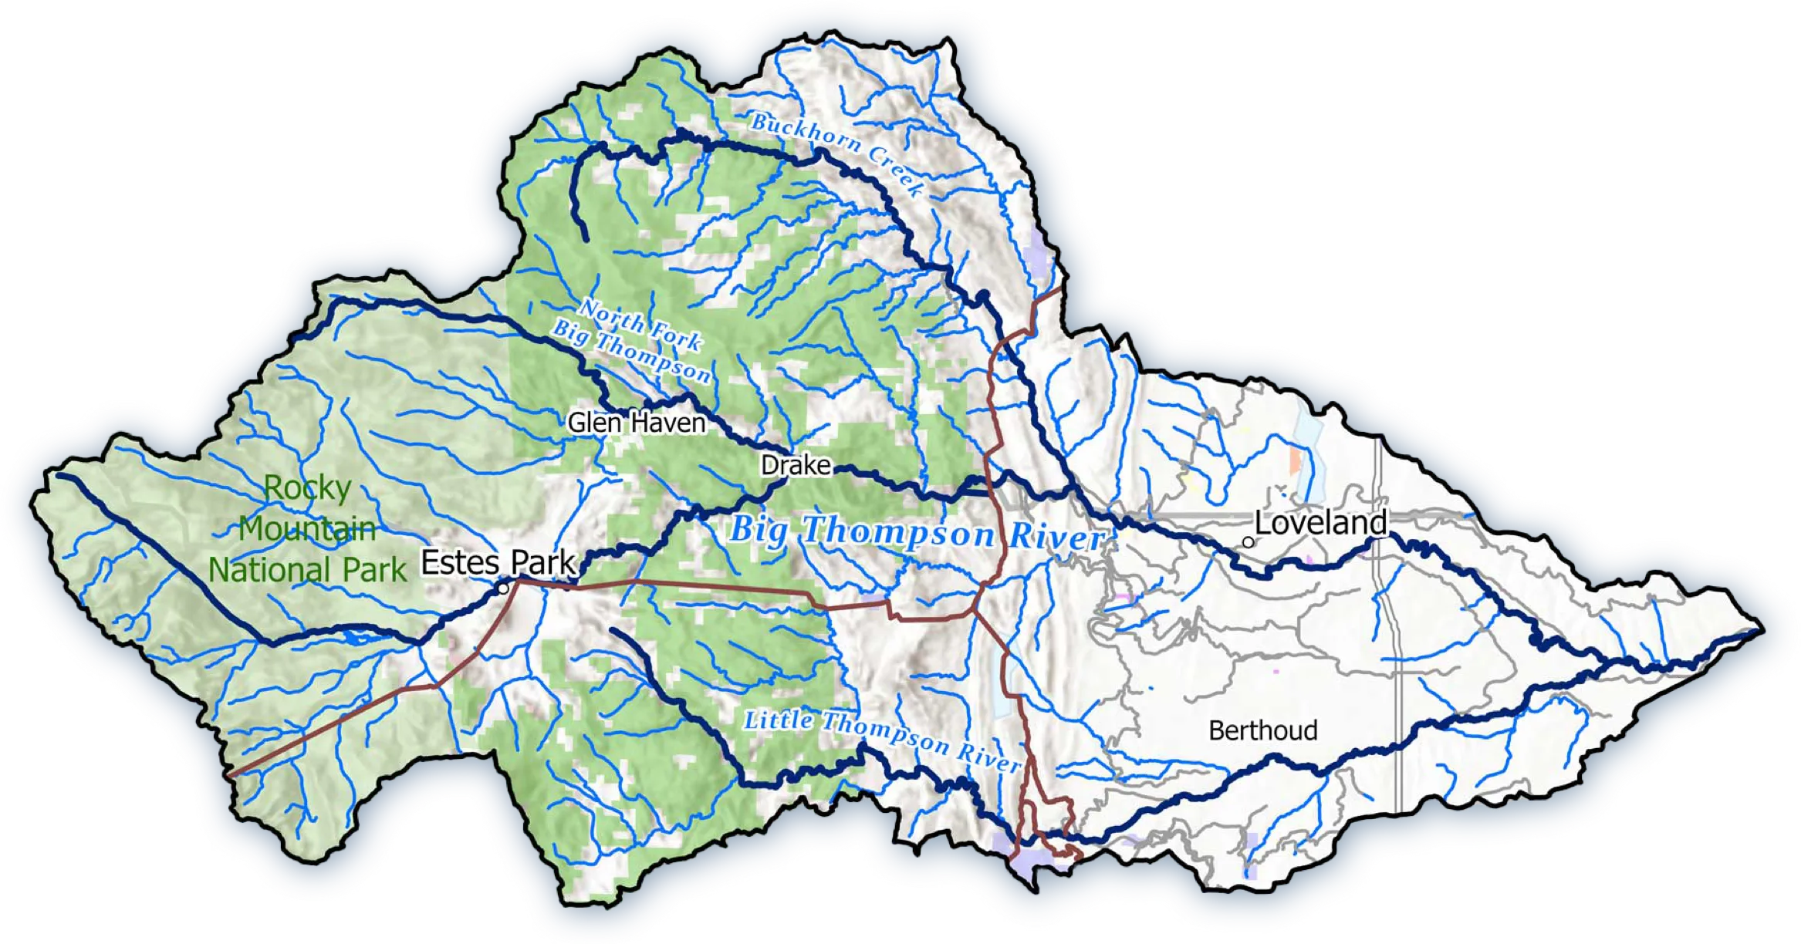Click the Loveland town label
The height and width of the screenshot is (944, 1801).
tap(1320, 523)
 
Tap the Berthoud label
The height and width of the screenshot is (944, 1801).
tap(1262, 730)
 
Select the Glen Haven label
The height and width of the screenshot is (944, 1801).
tap(637, 423)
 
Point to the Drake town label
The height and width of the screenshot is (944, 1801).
tap(796, 465)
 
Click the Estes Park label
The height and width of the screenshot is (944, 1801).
tap(498, 562)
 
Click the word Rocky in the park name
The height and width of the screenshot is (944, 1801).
tap(308, 487)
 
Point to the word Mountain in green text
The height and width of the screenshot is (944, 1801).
tap(307, 528)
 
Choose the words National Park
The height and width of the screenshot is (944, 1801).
tap(307, 570)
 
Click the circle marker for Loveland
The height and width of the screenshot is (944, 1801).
tap(1248, 542)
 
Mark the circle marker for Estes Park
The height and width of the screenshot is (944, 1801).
tap(503, 588)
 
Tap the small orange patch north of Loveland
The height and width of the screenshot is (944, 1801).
tap(1294, 460)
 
